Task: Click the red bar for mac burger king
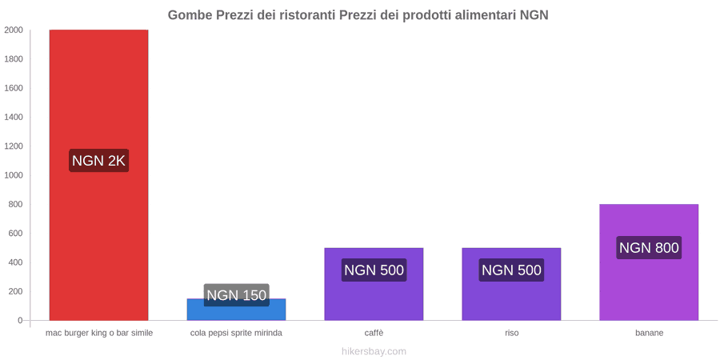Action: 98,175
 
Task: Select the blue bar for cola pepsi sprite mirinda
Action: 236,310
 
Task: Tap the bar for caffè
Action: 374,284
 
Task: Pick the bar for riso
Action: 511,284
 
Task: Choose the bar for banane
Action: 649,262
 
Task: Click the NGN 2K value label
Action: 98,161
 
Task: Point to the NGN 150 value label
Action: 237,294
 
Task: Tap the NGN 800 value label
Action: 649,247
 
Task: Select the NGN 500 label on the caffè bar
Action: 374,270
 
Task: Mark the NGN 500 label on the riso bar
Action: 511,270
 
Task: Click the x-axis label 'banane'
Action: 650,334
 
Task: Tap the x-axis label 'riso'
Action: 511,334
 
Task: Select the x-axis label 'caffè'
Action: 374,334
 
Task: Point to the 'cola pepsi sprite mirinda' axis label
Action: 237,334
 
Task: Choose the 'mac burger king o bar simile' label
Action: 99,334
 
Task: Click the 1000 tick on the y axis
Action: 14,175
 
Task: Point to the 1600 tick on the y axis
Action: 14,88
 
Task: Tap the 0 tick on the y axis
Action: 20,321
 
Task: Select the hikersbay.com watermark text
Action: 374,352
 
